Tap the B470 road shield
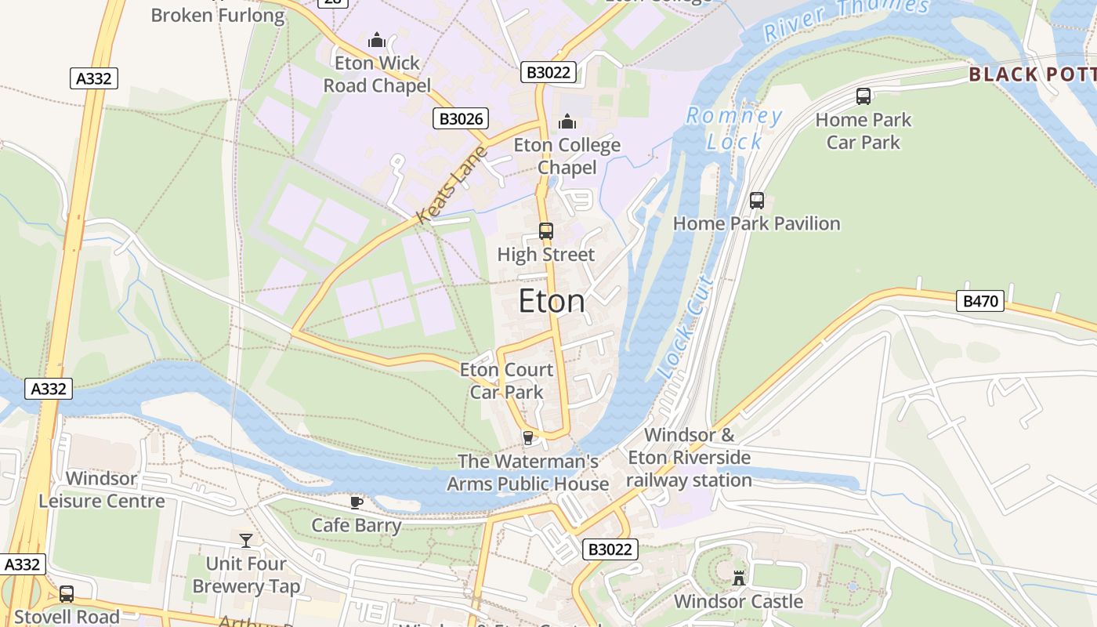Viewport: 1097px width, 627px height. tap(979, 301)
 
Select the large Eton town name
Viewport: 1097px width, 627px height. tap(552, 302)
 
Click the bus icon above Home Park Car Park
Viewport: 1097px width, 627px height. tap(863, 96)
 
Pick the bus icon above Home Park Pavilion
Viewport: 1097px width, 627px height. tap(756, 200)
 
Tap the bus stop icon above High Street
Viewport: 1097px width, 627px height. tap(546, 231)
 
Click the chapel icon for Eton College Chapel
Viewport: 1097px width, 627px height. tap(567, 121)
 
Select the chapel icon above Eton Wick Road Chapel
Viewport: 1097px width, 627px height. tap(377, 39)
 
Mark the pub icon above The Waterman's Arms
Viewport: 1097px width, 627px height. tap(528, 437)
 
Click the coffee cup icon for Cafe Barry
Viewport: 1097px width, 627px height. tap(357, 502)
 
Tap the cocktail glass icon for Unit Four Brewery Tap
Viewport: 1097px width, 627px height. tap(246, 540)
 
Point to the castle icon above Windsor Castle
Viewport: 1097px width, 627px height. tap(738, 578)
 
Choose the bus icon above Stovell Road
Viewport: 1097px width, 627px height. tap(67, 593)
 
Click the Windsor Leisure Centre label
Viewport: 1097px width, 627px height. tap(102, 490)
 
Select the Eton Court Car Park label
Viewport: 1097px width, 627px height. tap(506, 380)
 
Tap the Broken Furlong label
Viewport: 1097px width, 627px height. tap(218, 15)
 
